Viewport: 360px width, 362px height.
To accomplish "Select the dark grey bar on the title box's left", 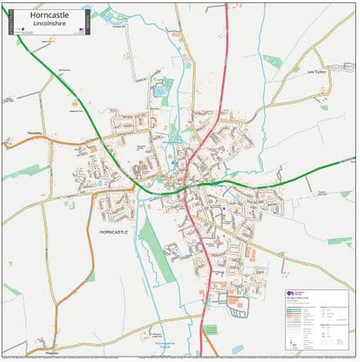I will (10, 22).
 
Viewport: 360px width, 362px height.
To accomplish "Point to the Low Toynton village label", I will (315, 72).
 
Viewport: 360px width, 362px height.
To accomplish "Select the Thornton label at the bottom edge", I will (52, 351).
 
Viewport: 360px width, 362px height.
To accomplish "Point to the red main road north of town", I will (226, 49).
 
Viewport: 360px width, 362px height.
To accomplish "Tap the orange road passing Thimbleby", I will (57, 144).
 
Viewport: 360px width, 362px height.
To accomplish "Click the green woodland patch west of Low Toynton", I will (272, 60).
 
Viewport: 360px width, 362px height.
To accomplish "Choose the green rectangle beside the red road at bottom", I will (209, 330).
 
